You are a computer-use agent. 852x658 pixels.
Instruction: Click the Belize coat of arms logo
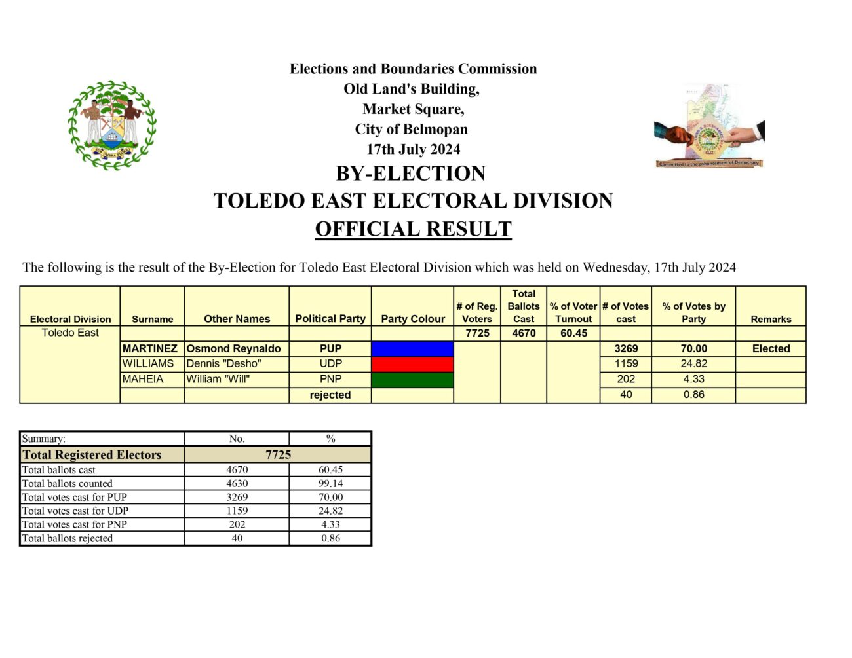(x=112, y=125)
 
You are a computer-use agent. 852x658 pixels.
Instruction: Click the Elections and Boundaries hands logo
(x=709, y=126)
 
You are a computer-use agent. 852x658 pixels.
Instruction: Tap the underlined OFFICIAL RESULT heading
(x=413, y=229)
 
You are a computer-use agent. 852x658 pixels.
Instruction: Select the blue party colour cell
(x=412, y=349)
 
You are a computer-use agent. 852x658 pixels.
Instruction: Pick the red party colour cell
(x=412, y=364)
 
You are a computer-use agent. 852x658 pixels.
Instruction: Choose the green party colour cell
(x=412, y=380)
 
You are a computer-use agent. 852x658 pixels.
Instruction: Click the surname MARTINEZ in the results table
(x=150, y=349)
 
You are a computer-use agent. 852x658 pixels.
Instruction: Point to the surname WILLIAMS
(x=148, y=364)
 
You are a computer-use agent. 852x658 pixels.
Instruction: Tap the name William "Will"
(x=218, y=380)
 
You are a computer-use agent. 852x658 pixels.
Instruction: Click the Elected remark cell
(x=771, y=349)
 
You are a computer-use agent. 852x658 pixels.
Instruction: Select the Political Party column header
(x=330, y=319)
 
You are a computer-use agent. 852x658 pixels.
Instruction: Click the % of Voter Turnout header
(x=573, y=312)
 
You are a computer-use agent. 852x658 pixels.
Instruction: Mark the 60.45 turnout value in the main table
(x=573, y=333)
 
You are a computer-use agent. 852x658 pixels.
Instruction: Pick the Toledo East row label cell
(x=70, y=333)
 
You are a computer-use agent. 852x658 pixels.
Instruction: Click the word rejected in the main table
(x=330, y=395)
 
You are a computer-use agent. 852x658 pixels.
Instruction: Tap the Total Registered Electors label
(x=92, y=455)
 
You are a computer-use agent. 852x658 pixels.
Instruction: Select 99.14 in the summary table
(x=330, y=484)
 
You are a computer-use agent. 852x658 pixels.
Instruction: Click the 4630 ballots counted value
(x=237, y=484)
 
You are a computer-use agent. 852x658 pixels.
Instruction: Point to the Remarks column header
(x=771, y=320)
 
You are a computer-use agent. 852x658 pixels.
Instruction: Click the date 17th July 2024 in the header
(x=413, y=149)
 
